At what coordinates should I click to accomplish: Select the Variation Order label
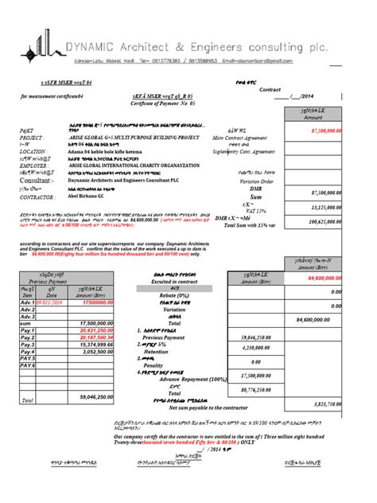coord(236,180)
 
